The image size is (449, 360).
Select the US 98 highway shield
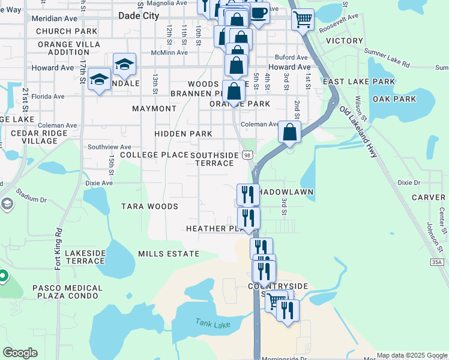click(247, 155)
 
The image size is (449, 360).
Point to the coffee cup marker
click(259, 13)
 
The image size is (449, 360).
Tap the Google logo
click(20, 353)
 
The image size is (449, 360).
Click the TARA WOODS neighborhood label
click(149, 206)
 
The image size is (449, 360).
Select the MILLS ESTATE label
click(168, 254)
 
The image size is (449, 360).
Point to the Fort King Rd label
click(59, 248)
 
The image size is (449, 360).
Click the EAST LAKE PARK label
click(359, 82)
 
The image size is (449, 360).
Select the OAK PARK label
click(394, 99)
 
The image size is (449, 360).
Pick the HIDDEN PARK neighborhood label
click(183, 134)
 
